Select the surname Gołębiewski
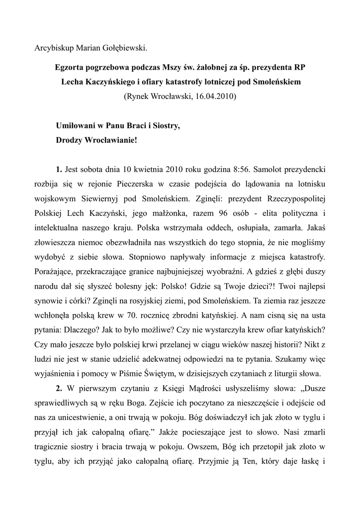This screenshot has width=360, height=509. [124, 48]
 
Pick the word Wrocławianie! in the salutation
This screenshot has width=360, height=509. [111, 140]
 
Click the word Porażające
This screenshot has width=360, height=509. [56, 273]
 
